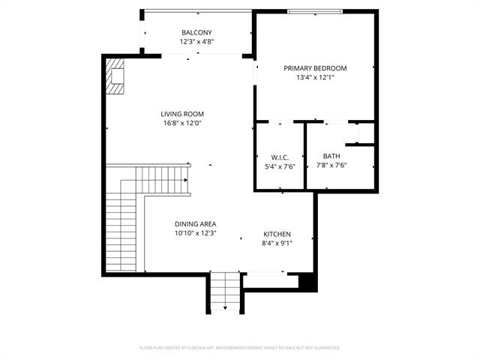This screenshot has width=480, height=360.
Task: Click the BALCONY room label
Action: coord(196,32)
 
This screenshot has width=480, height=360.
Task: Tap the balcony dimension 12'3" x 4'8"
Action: coord(196,42)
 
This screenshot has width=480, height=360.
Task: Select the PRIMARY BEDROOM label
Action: coord(315,68)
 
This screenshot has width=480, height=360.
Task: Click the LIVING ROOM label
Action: coord(182,114)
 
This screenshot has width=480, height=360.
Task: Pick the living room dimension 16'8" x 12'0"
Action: coord(182,123)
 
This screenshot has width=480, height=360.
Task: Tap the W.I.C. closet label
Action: coord(280,157)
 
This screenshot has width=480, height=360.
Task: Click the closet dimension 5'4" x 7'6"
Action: coord(280,166)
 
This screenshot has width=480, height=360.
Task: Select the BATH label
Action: coord(331,156)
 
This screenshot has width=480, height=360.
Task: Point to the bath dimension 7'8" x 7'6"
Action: coord(331,165)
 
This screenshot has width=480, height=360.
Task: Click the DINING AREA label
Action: coord(196,224)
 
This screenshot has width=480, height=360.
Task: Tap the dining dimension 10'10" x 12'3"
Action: coord(196,233)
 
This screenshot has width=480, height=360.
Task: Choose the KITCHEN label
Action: coord(277,234)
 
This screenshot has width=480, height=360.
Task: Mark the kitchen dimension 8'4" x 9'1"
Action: coord(277,243)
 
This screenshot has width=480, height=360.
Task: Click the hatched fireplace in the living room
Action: coord(115,77)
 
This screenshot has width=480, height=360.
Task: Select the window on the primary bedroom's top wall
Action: coord(315,11)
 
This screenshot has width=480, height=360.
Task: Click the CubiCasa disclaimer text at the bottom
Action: coord(240,348)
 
